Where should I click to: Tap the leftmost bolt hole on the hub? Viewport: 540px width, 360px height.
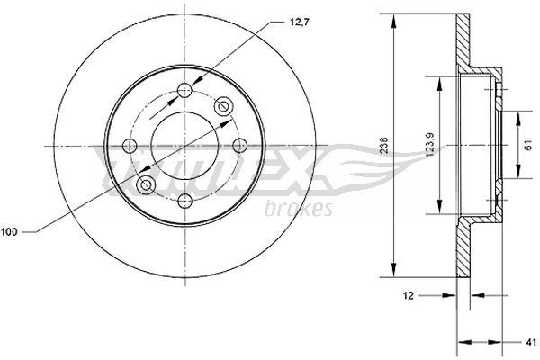(x=128, y=145)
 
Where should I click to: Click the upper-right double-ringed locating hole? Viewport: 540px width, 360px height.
(x=223, y=106)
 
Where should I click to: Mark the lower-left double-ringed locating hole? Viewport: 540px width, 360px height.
(x=144, y=184)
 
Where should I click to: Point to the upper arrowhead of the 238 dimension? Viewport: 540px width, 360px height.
(x=394, y=20)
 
